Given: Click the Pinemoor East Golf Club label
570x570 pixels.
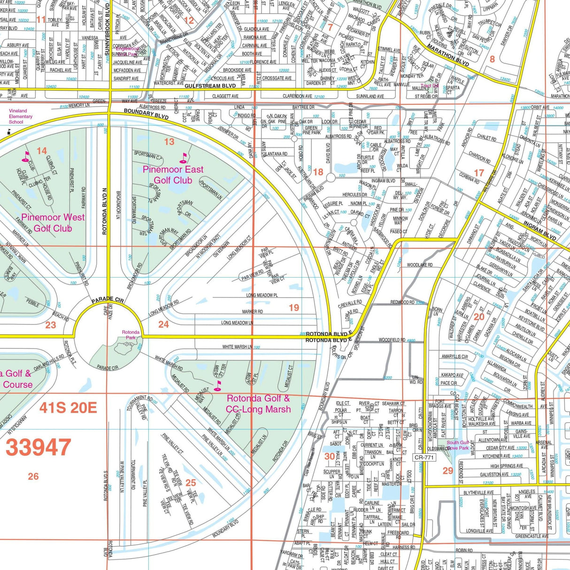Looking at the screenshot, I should (173, 175).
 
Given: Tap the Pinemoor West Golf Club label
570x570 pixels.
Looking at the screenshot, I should (53, 223).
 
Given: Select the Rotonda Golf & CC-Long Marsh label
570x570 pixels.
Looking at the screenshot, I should (258, 404).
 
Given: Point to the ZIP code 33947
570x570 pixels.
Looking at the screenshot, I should (39, 447).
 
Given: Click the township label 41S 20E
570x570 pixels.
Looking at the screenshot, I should (68, 407).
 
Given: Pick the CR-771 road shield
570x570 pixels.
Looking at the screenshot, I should (424, 457).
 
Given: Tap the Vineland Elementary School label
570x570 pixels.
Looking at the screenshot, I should (21, 116).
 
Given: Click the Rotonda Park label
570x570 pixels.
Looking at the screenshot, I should (131, 335).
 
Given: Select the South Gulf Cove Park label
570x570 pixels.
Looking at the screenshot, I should (457, 445).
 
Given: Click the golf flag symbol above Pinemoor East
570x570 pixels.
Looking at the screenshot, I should (183, 158).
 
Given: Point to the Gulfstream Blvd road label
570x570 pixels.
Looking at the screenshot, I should (210, 86).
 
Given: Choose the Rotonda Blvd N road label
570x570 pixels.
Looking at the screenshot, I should (105, 211).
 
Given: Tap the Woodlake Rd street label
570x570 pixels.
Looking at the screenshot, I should (420, 265).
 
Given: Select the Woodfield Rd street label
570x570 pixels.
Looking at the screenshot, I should (392, 340).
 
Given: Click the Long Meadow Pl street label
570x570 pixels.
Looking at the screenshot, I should (262, 295).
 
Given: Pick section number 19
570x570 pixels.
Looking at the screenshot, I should (294, 308).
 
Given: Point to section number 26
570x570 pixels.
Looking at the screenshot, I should (33, 477).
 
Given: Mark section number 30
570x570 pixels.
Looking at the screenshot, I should (330, 456).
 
